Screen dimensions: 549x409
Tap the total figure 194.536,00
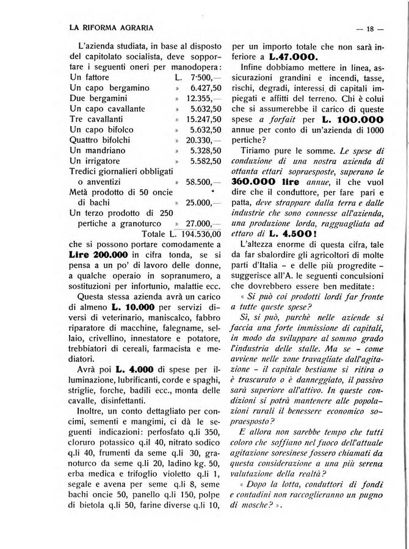point(197,235)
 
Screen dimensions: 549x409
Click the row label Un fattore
point(90,77)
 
